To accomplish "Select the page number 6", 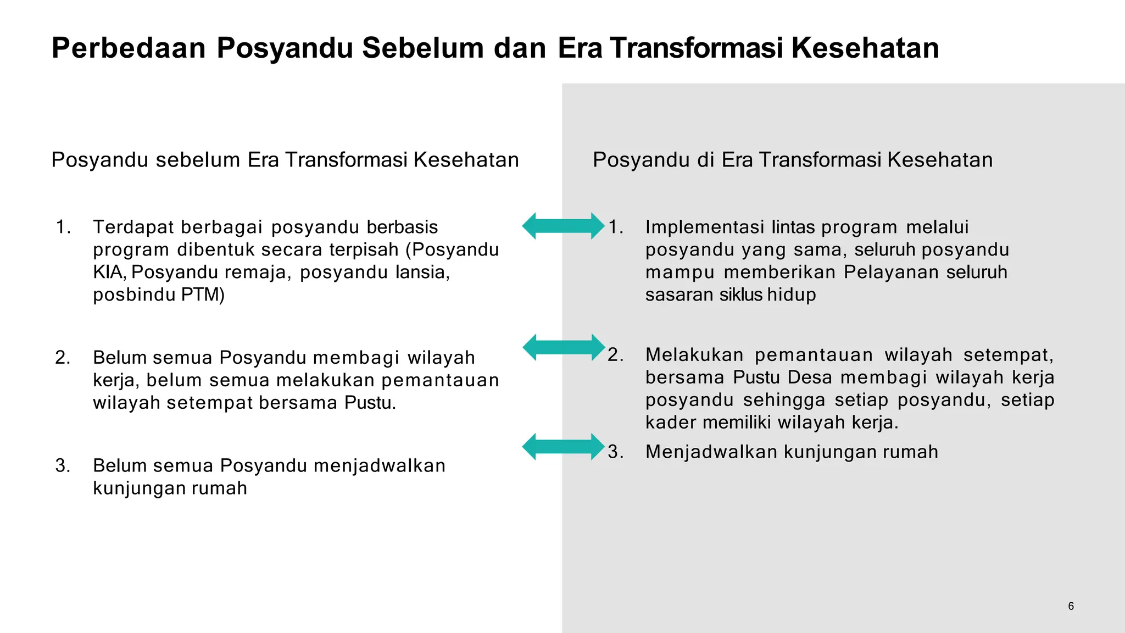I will [1071, 606].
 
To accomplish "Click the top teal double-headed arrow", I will [563, 226].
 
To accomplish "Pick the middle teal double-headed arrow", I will [563, 347].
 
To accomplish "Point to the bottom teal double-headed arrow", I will [563, 447].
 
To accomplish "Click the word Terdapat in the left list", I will [133, 227].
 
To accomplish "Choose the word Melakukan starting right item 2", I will [694, 355].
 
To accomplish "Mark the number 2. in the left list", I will [63, 358].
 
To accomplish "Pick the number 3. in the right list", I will [616, 452].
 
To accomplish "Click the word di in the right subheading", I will [706, 160].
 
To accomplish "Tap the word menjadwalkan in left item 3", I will [380, 465].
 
